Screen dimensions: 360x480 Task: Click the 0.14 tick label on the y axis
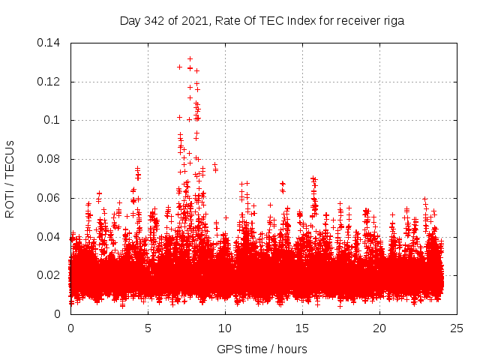pyautogui.click(x=49, y=42)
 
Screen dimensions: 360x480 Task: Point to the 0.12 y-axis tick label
pyautogui.click(x=49, y=81)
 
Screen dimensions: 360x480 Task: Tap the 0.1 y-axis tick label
pyautogui.click(x=52, y=120)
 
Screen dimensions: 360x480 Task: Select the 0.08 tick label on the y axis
pyautogui.click(x=49, y=159)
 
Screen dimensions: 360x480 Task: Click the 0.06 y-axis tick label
pyautogui.click(x=49, y=198)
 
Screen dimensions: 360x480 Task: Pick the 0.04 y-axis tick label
pyautogui.click(x=49, y=237)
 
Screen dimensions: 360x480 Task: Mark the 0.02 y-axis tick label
pyautogui.click(x=49, y=275)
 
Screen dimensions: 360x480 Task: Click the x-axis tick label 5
pyautogui.click(x=148, y=328)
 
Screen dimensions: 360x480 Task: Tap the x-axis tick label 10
pyautogui.click(x=225, y=328)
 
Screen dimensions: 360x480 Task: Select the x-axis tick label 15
pyautogui.click(x=302, y=328)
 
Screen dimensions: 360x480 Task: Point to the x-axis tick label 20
pyautogui.click(x=379, y=328)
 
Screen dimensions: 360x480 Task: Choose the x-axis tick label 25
pyautogui.click(x=457, y=328)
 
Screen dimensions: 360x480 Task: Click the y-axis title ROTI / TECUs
pyautogui.click(x=10, y=178)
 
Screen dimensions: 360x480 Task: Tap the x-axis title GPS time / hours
pyautogui.click(x=262, y=349)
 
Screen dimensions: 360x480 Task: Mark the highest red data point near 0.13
pyautogui.click(x=190, y=58)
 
